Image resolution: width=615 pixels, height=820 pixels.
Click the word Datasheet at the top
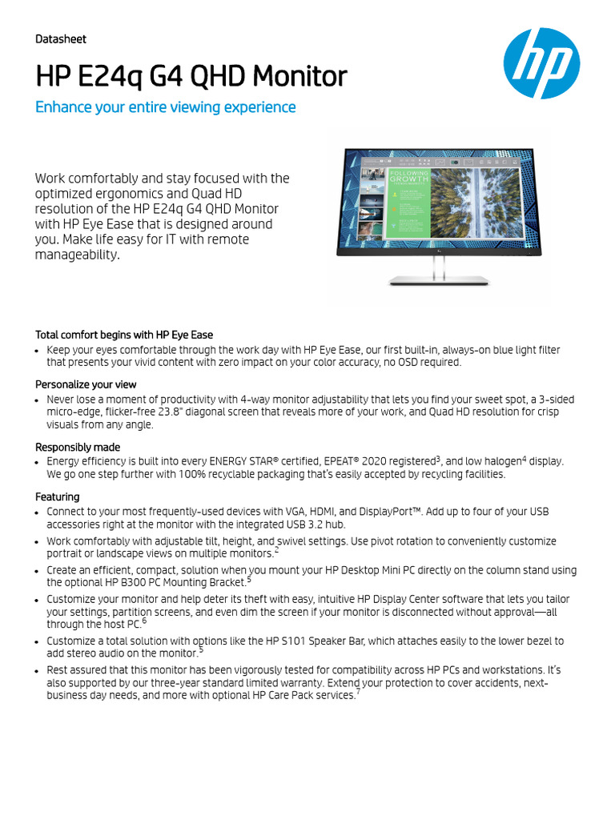61,39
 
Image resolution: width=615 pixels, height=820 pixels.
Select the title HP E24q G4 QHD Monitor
191,77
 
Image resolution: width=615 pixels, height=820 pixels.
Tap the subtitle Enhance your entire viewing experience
166,107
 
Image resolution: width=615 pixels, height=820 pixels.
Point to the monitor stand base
438,280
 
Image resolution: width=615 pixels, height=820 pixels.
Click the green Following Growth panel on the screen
409,203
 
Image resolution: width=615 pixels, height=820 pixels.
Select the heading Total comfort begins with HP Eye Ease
124,335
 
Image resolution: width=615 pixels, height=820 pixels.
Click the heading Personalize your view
86,384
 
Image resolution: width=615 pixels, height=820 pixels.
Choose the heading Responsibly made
78,447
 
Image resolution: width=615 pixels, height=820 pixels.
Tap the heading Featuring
58,496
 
